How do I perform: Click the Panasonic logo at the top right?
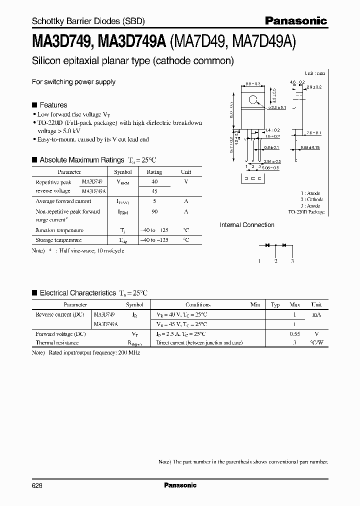tap(295, 21)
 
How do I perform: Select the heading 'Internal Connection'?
tap(247, 225)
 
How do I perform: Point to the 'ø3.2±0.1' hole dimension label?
tap(276, 107)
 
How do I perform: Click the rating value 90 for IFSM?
tap(154, 211)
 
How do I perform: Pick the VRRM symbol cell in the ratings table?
tap(123, 182)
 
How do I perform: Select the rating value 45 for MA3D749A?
tap(154, 191)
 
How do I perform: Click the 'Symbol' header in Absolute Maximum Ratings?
tap(123, 171)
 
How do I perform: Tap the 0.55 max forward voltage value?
tap(295, 333)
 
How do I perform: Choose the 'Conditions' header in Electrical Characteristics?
tap(198, 304)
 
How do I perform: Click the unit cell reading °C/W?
tap(316, 343)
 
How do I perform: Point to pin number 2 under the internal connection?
tap(276, 261)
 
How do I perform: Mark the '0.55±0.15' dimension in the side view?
tap(311, 147)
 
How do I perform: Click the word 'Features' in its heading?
tap(53, 105)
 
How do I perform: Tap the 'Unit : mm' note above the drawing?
tap(314, 73)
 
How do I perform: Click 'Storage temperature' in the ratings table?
tap(59, 240)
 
